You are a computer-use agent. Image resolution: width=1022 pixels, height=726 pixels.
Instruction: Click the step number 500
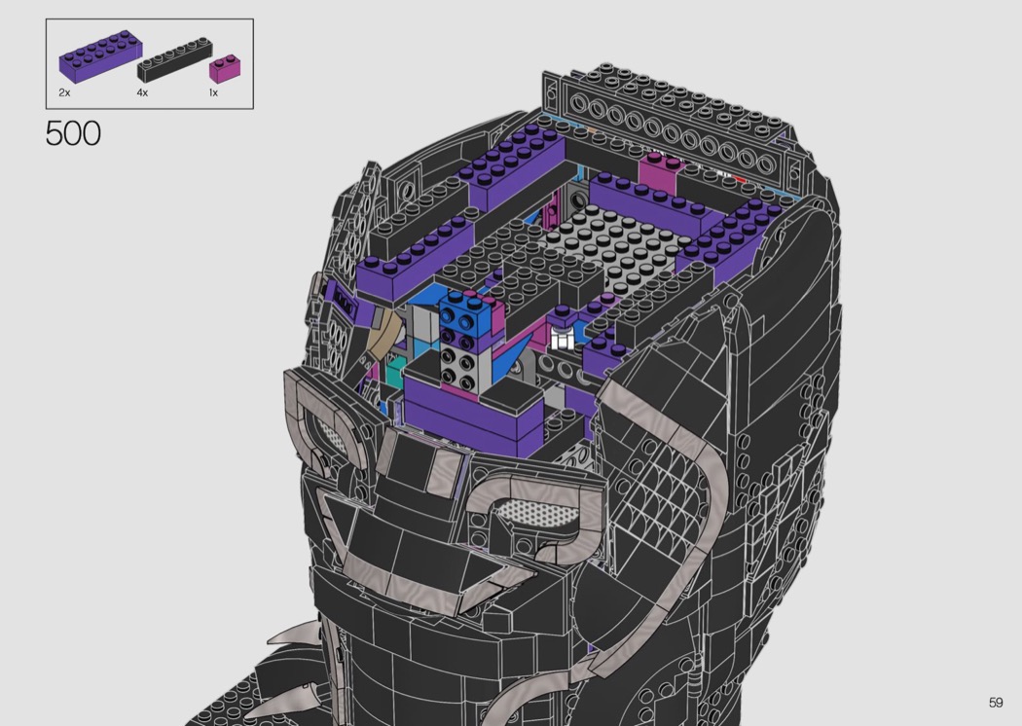(x=73, y=133)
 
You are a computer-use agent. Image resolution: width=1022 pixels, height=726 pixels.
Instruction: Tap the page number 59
(x=996, y=702)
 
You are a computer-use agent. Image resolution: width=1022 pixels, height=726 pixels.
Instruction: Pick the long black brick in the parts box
(x=174, y=60)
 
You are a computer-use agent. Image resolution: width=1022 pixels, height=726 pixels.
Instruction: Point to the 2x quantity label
(x=64, y=92)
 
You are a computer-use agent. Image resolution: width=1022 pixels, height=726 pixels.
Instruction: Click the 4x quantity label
(x=142, y=92)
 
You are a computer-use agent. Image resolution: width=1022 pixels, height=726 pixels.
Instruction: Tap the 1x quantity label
(x=213, y=92)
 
